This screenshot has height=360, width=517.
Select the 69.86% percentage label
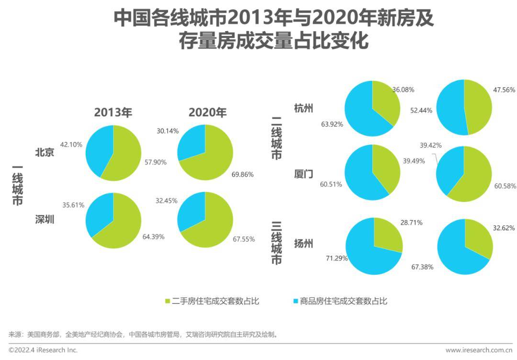point(242,174)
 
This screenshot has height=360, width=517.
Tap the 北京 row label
point(45,153)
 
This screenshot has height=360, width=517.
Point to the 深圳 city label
point(45,220)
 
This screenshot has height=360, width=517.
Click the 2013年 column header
point(113,112)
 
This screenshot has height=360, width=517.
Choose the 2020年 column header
point(207,112)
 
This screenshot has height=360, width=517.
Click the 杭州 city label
point(303,108)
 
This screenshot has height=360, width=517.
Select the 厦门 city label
point(303,174)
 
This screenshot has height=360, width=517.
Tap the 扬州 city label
point(303,243)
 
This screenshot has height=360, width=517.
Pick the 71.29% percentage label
point(337,259)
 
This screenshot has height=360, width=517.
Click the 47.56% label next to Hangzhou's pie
point(504,90)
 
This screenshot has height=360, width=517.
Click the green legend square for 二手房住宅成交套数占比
point(167,301)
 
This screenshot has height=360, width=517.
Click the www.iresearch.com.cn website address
point(478,350)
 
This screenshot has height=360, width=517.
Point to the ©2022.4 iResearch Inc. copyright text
point(43,350)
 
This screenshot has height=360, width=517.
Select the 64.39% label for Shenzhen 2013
point(154,236)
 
